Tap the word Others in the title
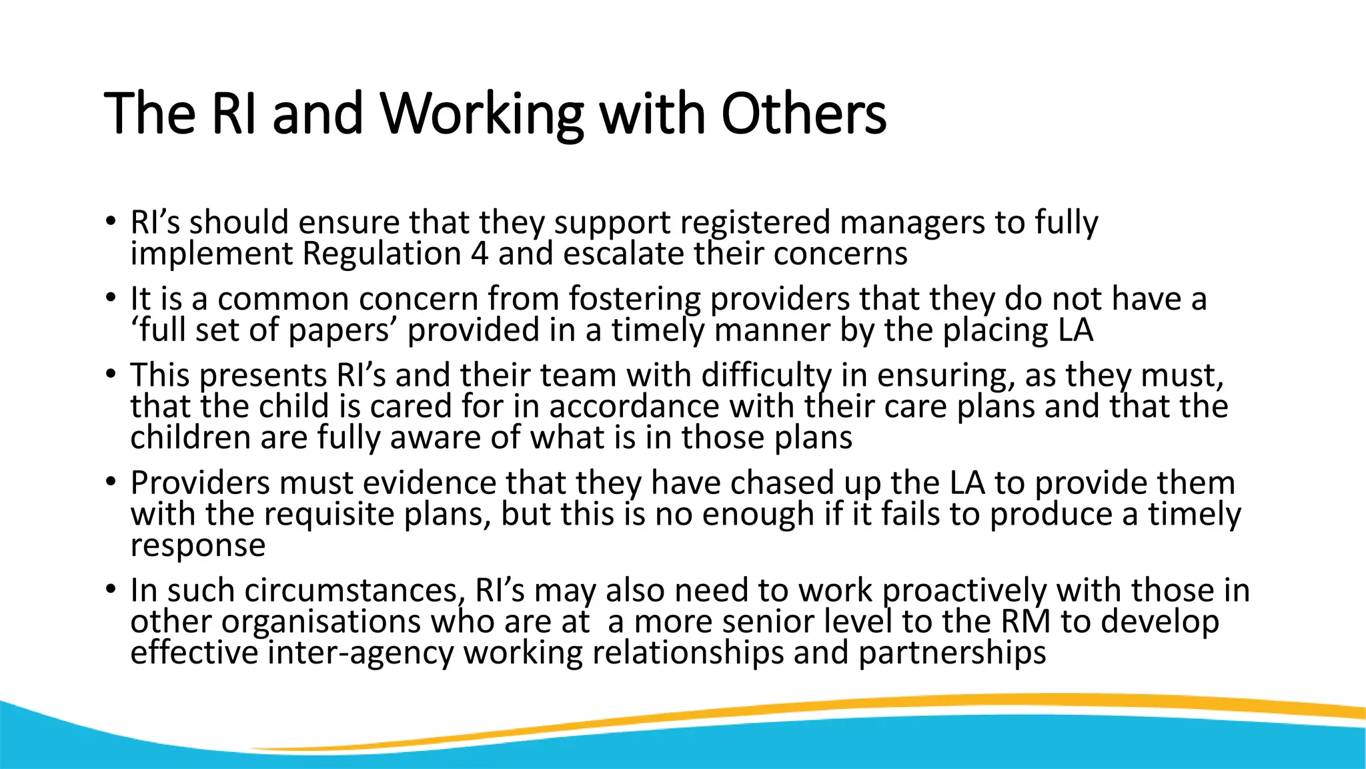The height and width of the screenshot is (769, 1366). pos(804,113)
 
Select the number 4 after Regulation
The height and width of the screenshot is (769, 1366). pos(479,254)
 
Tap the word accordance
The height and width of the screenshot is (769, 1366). pos(634,407)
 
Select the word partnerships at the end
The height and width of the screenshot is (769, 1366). pos(952,654)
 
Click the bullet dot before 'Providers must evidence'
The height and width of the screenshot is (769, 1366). pos(111,481)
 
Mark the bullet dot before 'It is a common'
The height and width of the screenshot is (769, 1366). pos(111,298)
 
